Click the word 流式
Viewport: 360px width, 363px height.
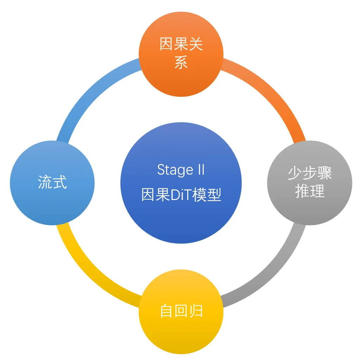52,183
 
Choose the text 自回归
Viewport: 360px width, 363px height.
181,311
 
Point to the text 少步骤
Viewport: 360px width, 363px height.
310,173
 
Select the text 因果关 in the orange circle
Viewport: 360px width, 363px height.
181,45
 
